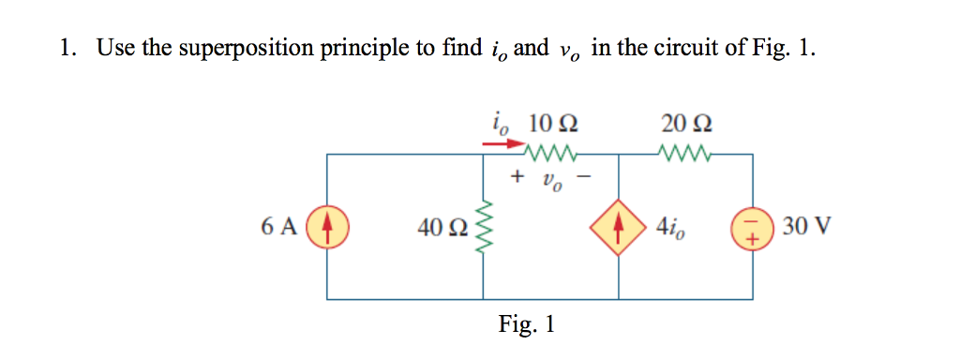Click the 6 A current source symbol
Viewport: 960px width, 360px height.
click(x=327, y=228)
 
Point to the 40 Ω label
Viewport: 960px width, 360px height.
click(x=441, y=228)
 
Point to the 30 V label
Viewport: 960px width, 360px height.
click(x=802, y=227)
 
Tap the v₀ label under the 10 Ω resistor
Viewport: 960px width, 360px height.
click(x=552, y=178)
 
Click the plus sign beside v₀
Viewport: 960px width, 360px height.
click(x=517, y=175)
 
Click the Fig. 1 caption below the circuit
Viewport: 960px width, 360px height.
click(x=527, y=324)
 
